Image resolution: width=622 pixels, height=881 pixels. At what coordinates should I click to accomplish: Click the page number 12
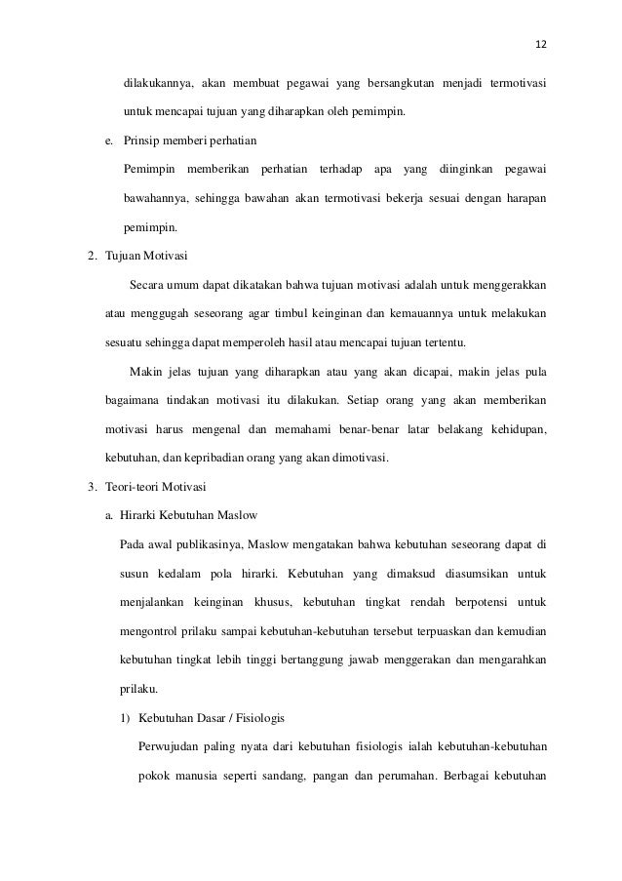541,44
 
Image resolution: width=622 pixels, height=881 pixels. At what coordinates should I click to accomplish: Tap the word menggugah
161,315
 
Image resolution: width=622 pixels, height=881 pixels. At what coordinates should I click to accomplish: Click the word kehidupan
515,430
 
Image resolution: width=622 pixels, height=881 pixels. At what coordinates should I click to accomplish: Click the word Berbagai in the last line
467,779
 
